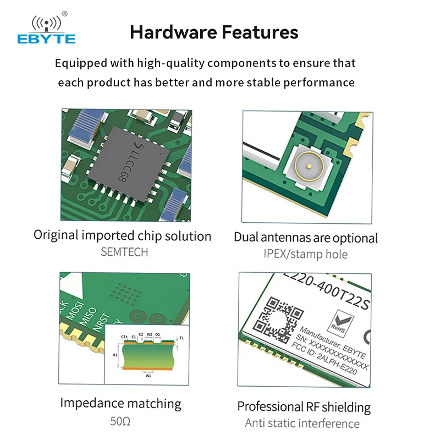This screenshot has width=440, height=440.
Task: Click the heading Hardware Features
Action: point(214,32)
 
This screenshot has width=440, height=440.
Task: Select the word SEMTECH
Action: point(124,252)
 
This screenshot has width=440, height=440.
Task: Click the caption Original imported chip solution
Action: point(123,236)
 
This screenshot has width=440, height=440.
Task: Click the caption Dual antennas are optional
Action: point(306,238)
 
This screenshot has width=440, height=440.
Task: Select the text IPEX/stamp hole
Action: point(306,254)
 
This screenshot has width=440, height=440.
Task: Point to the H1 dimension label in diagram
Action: point(115,355)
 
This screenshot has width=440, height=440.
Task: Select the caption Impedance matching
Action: point(120,403)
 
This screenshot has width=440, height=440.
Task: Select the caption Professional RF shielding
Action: point(304,407)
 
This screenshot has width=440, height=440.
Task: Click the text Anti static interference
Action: point(302,424)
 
